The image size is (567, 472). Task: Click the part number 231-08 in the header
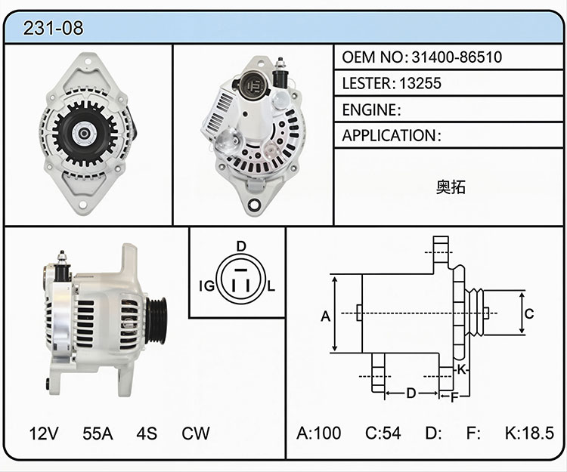click(x=53, y=28)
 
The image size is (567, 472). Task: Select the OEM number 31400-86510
click(x=457, y=57)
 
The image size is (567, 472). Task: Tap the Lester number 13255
click(x=420, y=83)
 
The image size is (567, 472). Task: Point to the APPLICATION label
click(x=389, y=136)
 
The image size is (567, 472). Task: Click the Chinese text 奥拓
click(x=451, y=187)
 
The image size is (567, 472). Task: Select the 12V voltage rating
click(x=44, y=433)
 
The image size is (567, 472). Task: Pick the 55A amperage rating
click(x=98, y=433)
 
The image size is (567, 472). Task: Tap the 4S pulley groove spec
click(x=147, y=433)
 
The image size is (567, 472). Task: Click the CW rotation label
click(x=196, y=433)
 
